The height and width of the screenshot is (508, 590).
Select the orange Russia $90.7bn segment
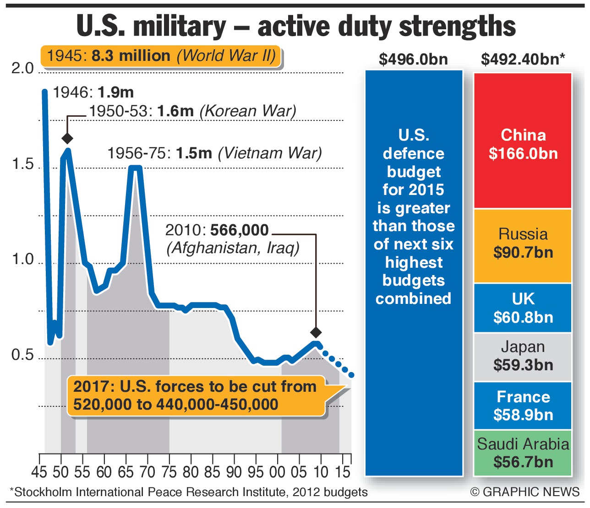coord(523,245)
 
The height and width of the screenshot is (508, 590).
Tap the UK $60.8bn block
coord(523,308)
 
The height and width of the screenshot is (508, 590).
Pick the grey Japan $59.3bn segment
coord(523,357)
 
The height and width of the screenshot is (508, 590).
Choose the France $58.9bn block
coord(523,405)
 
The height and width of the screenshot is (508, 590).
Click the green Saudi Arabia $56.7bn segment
coord(523,453)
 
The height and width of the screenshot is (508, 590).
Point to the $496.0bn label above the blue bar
coord(413,59)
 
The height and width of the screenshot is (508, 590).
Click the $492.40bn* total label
coord(523,59)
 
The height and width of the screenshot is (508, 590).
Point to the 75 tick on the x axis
coord(169,471)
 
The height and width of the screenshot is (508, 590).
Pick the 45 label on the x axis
coord(39,471)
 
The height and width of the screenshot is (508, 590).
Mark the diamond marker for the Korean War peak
coord(67,138)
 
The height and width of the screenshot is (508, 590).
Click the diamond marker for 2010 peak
coord(316,332)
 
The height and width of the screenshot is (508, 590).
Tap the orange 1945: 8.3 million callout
coord(161,56)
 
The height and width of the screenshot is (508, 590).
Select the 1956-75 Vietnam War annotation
coord(214,153)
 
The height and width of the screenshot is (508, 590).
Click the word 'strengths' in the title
coord(458,27)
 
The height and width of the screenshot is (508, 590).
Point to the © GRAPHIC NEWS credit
coord(525,492)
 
